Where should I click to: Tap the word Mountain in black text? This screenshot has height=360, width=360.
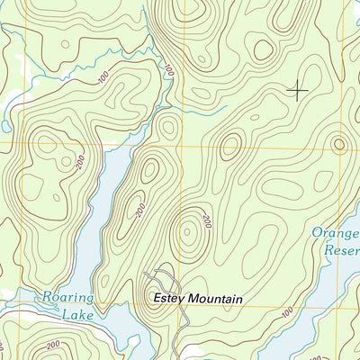217,298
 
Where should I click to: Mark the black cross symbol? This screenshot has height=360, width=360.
296,89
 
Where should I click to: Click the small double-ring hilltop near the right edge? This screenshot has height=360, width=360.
338,143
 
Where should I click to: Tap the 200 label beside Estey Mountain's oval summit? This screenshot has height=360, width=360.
205,220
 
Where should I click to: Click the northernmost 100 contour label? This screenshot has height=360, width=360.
167,67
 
